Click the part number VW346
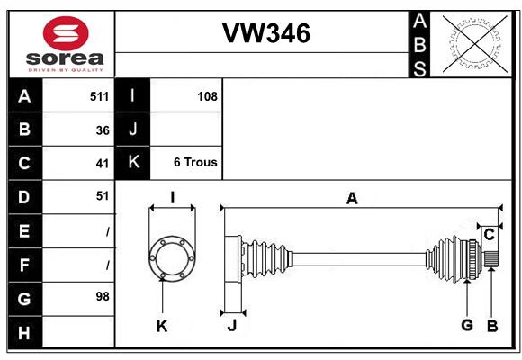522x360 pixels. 266,33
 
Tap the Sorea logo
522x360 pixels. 66,43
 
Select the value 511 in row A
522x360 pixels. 99,96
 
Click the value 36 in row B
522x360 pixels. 103,130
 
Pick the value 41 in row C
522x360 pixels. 103,163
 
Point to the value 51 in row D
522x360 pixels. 103,195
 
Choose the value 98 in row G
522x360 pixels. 103,295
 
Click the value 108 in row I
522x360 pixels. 207,96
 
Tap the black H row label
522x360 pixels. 24,333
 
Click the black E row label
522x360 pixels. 24,231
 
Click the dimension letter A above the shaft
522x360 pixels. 352,199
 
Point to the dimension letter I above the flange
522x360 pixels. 172,198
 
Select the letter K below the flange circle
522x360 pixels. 162,326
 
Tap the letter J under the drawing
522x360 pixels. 231,326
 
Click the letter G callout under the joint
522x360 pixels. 467,325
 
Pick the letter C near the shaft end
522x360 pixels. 489,235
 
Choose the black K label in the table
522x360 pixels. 133,163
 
